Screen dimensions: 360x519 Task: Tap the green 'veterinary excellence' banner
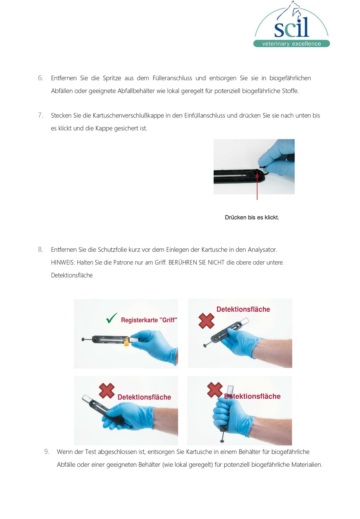[291, 44]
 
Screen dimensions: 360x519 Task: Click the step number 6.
[40, 78]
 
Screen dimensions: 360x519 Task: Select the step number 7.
[40, 115]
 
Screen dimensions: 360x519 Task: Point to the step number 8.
[40, 249]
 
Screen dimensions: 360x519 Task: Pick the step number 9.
[46, 452]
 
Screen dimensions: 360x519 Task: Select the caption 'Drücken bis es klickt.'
[252, 217]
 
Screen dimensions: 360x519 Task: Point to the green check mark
[111, 318]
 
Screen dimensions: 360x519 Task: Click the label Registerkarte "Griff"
[149, 320]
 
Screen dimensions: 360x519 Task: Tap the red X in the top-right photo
[206, 321]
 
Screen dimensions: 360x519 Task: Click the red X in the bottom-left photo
[106, 390]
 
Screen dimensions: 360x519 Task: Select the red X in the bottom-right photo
[215, 390]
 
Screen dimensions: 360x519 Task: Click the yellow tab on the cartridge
[127, 342]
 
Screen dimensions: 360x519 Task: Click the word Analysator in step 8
[262, 249]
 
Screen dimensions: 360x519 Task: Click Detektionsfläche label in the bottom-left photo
[144, 397]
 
